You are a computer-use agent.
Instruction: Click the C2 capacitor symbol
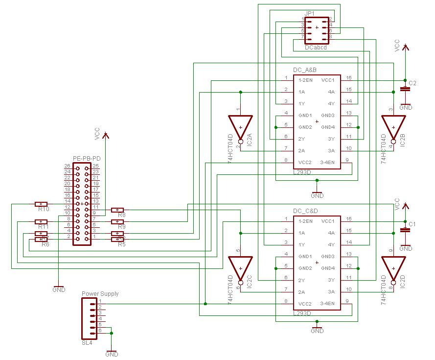[405, 89]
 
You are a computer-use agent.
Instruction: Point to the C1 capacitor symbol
[405, 230]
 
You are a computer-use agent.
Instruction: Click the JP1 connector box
[317, 28]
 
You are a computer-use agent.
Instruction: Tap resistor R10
[42, 204]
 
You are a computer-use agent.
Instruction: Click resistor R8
[117, 210]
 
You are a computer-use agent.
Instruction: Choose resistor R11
[42, 221]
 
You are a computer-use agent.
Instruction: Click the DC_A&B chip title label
[305, 70]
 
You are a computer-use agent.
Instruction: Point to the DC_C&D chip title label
[305, 211]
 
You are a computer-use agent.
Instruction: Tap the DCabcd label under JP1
[316, 48]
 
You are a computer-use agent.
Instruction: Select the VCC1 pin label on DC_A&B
[328, 80]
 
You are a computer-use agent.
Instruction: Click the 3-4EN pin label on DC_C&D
[327, 303]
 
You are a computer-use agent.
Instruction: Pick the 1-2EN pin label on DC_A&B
[306, 80]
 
